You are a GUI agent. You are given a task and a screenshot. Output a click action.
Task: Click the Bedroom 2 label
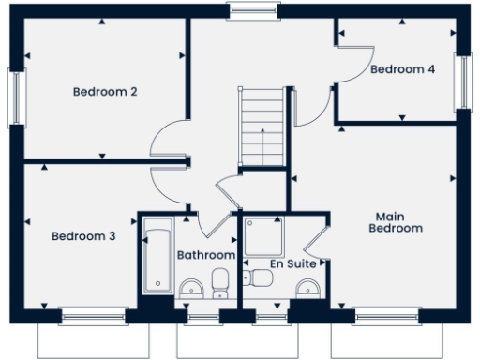(x=106, y=92)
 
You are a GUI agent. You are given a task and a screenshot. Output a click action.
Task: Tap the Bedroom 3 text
(x=83, y=236)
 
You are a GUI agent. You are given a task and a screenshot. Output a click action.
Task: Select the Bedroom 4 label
(x=402, y=69)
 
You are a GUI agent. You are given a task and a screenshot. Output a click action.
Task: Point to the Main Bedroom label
(x=395, y=221)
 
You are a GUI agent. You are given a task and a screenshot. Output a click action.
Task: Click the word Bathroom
(x=206, y=255)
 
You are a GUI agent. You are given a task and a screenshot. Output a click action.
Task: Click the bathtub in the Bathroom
(x=157, y=255)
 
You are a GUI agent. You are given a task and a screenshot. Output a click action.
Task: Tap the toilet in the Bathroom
(x=221, y=279)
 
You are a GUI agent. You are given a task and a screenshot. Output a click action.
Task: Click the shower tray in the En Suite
(x=263, y=235)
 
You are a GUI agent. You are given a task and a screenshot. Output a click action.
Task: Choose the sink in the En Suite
(x=307, y=288)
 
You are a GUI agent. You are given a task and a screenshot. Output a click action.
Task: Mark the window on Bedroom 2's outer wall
(x=14, y=97)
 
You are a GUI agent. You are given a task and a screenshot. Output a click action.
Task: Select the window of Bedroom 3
(x=92, y=316)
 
